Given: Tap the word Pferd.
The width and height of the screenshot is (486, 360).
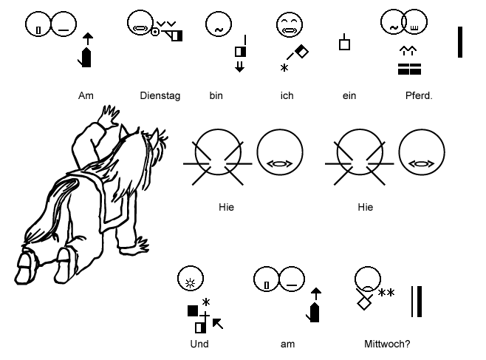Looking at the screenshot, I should click(x=419, y=96).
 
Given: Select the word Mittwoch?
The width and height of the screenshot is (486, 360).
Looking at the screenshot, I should click(x=387, y=344).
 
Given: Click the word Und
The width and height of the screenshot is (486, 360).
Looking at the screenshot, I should click(x=199, y=344).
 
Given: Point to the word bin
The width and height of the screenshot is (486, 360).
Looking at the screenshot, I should click(x=216, y=96).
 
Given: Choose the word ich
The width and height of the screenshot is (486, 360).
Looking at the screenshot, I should click(x=287, y=96).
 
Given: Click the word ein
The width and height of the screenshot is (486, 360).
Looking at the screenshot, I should click(x=349, y=96).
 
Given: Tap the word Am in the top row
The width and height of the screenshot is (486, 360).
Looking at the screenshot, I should click(x=85, y=96).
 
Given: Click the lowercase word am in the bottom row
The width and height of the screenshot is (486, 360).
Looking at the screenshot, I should click(x=288, y=344).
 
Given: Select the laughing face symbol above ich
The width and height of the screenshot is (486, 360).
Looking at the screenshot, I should click(x=287, y=25).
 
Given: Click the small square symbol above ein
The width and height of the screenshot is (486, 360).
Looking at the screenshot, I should click(x=344, y=44).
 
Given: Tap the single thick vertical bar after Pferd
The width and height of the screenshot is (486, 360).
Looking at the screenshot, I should click(x=460, y=41).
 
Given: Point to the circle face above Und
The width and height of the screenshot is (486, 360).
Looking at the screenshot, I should click(x=191, y=279).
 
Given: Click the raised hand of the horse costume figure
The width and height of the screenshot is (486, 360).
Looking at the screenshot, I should click(x=111, y=116).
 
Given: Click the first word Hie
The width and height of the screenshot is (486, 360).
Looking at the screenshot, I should click(x=227, y=208).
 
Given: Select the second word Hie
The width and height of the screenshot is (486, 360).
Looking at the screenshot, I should click(x=365, y=208).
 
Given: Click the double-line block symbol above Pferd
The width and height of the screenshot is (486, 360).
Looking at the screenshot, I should click(x=408, y=69).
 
